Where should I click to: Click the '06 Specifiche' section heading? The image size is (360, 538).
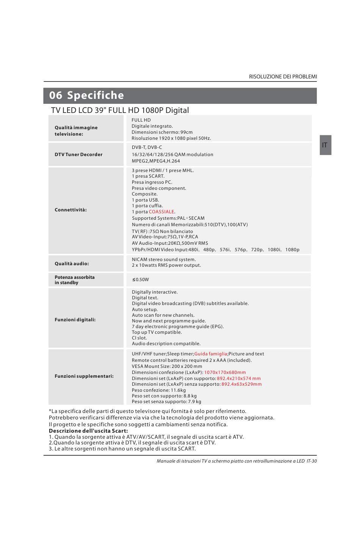click(86, 95)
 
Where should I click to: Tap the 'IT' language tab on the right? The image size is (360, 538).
click(325, 145)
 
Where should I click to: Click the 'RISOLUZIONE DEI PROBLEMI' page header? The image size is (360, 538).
click(283, 77)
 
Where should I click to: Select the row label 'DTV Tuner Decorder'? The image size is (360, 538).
click(78, 155)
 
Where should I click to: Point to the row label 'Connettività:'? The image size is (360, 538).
click(70, 210)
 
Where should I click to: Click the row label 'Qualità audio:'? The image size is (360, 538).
click(72, 264)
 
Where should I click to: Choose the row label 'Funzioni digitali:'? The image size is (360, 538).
click(75, 320)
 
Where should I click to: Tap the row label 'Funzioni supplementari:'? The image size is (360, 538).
click(84, 376)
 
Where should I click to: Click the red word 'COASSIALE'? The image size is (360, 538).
click(161, 212)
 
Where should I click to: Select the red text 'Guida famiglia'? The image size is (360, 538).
click(211, 354)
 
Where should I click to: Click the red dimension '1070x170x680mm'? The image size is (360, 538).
click(225, 372)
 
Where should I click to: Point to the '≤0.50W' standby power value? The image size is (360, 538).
click(141, 280)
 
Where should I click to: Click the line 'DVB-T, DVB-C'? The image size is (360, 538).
click(147, 147)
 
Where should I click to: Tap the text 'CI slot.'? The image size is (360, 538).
click(139, 338)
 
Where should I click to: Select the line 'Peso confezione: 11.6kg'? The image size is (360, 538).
click(159, 390)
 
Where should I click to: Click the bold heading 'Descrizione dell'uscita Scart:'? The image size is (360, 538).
click(88, 431)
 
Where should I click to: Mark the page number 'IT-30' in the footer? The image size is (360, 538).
click(311, 461)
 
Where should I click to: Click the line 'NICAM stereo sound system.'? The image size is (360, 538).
click(164, 260)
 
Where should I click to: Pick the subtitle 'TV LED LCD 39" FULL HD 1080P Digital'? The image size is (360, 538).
click(120, 110)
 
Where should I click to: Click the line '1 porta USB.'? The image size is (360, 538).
click(145, 200)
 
